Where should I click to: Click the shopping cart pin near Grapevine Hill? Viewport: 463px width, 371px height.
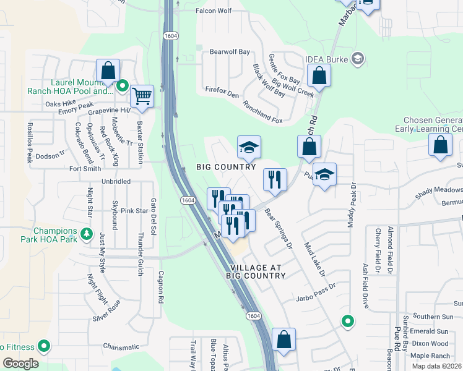click(x=142, y=96)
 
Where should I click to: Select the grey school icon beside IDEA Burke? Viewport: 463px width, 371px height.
click(x=357, y=59)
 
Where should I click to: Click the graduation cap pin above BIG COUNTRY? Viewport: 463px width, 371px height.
click(x=249, y=147)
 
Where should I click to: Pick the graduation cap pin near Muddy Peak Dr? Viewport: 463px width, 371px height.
click(x=324, y=174)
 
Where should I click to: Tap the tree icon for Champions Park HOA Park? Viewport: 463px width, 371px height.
click(x=87, y=235)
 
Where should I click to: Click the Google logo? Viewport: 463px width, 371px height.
click(x=20, y=363)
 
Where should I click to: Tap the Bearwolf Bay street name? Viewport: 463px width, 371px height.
click(x=230, y=52)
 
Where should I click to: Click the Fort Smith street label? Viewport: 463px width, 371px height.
click(x=85, y=168)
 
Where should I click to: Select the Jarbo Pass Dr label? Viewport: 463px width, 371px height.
click(x=315, y=286)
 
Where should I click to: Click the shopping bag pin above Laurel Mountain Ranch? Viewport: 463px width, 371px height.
click(x=108, y=71)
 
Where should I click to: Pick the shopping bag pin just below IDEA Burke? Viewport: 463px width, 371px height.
click(x=319, y=76)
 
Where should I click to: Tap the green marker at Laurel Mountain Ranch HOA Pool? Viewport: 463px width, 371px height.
click(x=123, y=85)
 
